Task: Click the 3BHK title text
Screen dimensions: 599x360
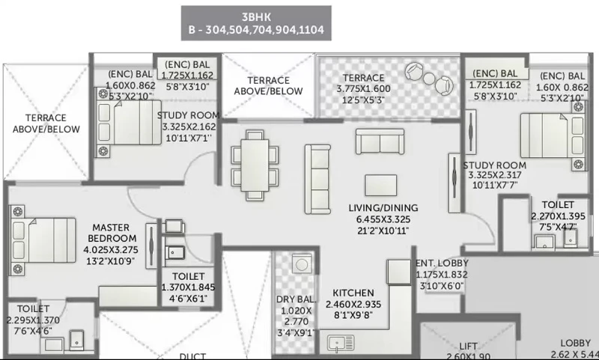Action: pyautogui.click(x=256, y=17)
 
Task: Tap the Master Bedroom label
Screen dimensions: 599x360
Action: pyautogui.click(x=112, y=233)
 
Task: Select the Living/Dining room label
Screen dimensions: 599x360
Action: pyautogui.click(x=383, y=208)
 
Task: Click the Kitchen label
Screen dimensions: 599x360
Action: pyautogui.click(x=353, y=293)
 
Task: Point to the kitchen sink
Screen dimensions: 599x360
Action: pyautogui.click(x=341, y=344)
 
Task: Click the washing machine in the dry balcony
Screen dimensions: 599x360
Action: pyautogui.click(x=302, y=264)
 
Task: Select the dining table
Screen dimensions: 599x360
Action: pyautogui.click(x=255, y=165)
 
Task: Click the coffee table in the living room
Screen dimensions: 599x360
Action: pyautogui.click(x=380, y=185)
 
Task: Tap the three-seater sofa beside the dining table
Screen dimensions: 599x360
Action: pyautogui.click(x=317, y=179)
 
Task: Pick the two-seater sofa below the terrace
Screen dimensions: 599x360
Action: pyautogui.click(x=380, y=141)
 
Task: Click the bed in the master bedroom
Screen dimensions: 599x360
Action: pyautogui.click(x=43, y=240)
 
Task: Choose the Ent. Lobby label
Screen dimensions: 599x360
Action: pyautogui.click(x=442, y=263)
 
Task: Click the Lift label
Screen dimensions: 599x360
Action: pyautogui.click(x=468, y=347)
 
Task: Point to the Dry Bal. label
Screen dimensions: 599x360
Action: pyautogui.click(x=296, y=299)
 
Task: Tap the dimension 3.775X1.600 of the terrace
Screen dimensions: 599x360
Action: pyautogui.click(x=363, y=89)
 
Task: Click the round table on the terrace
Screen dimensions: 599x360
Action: pyautogui.click(x=429, y=79)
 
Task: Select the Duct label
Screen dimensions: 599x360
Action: pyautogui.click(x=192, y=356)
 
